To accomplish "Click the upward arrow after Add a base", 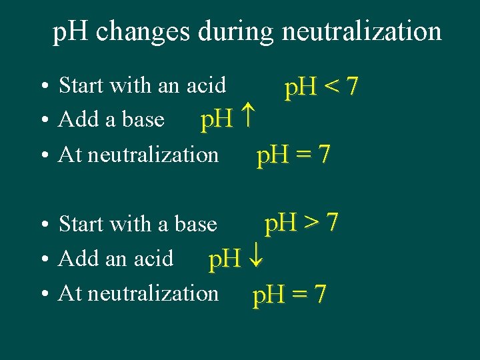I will point(247,120).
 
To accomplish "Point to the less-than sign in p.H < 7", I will point(331,87).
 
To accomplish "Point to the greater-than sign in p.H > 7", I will point(311,223).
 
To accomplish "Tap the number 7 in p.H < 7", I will point(353,87).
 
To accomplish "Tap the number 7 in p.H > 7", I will point(332,223).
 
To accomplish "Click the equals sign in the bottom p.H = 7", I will point(298,294).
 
